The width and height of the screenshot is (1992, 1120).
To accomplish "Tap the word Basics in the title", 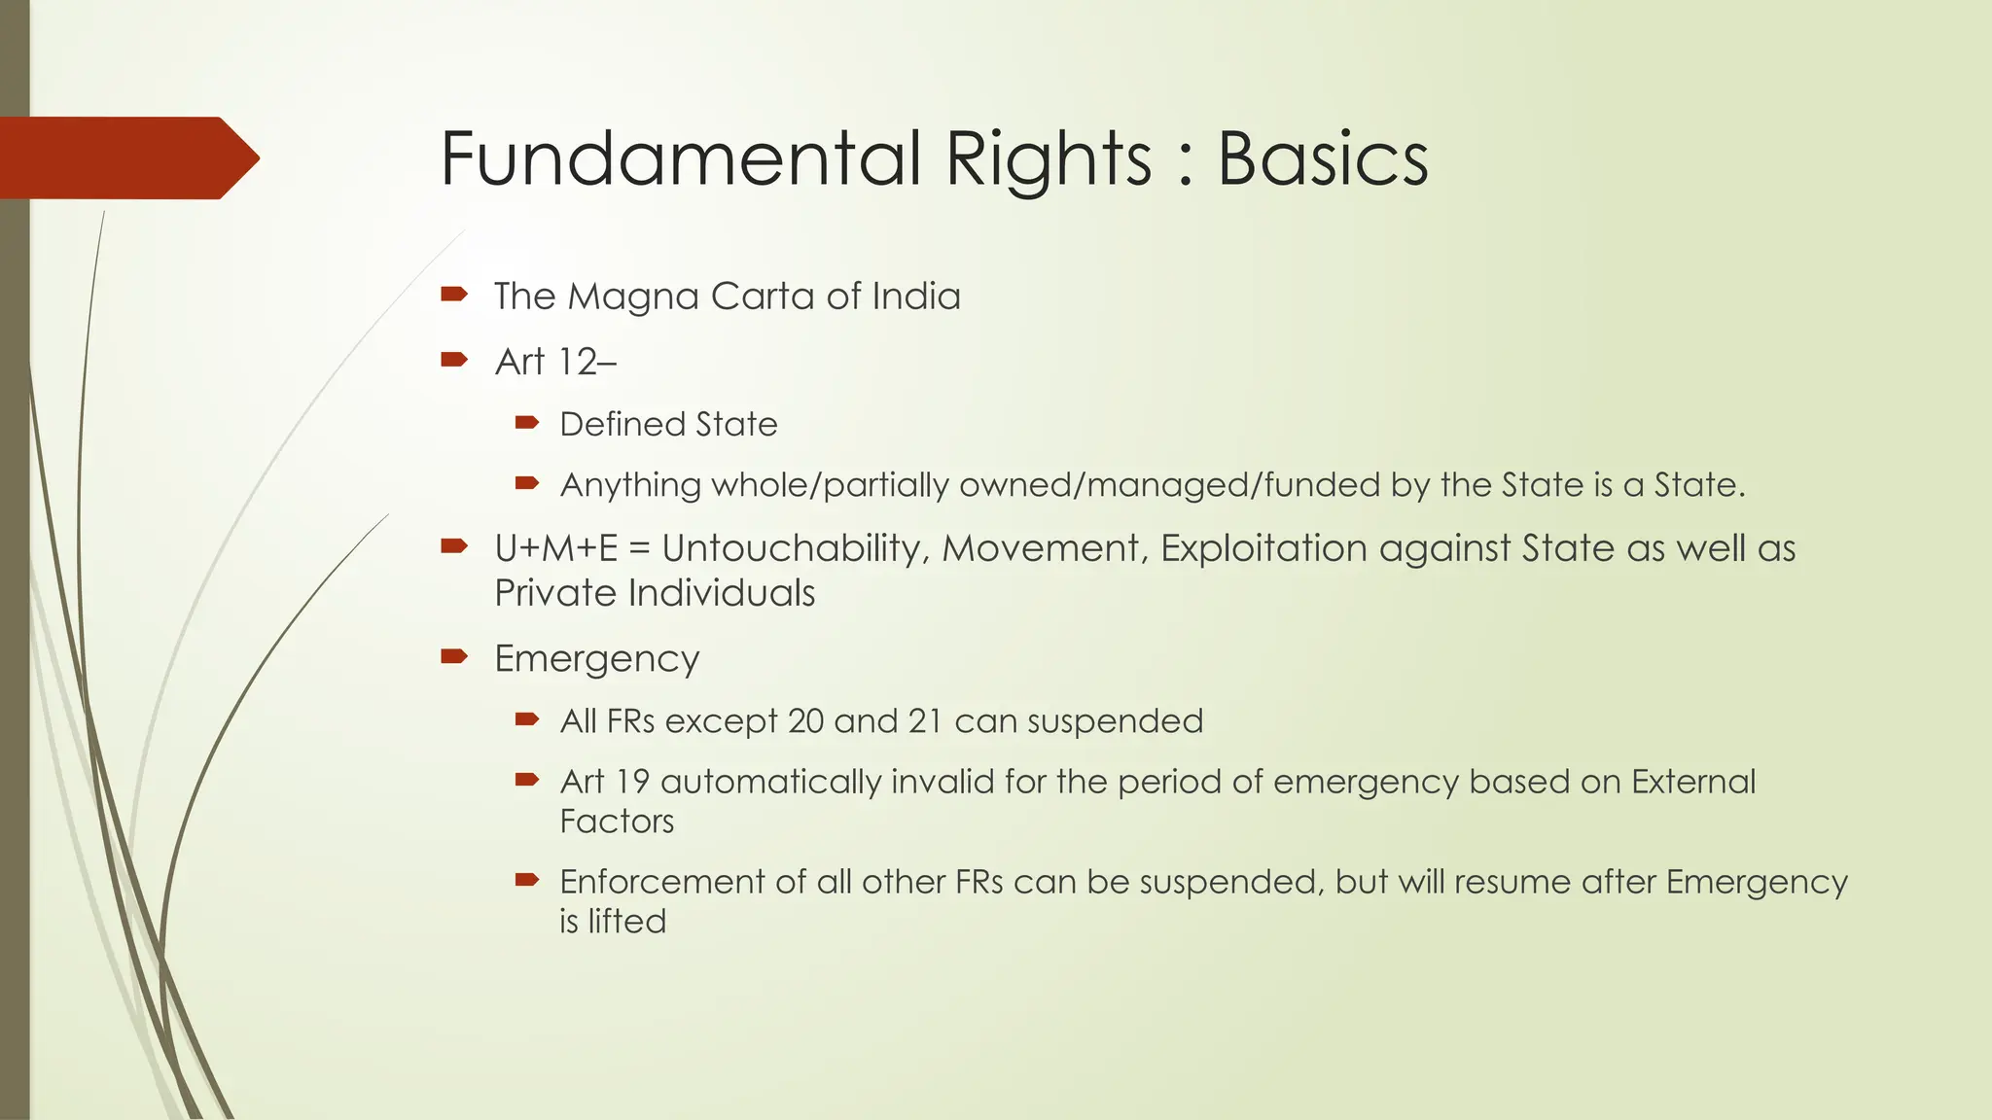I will point(1323,158).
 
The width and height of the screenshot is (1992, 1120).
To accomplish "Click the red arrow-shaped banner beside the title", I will point(126,157).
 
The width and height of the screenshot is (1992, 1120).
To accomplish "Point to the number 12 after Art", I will point(577,362).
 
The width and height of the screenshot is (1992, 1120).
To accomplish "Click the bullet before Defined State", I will point(527,422).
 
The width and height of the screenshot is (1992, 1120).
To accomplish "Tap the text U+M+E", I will point(555,548).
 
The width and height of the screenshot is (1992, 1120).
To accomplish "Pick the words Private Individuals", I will point(655,593).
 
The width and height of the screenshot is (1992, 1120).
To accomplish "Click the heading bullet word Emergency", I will point(596,659).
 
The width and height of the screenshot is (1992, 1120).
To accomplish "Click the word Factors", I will point(617,822).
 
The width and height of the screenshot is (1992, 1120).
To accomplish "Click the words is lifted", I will point(613,922).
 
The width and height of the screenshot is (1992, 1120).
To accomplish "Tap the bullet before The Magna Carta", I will point(454,294).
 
